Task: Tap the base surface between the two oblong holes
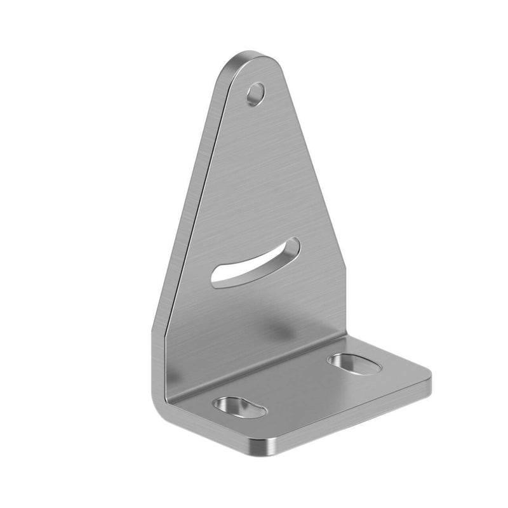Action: pos(298,387)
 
